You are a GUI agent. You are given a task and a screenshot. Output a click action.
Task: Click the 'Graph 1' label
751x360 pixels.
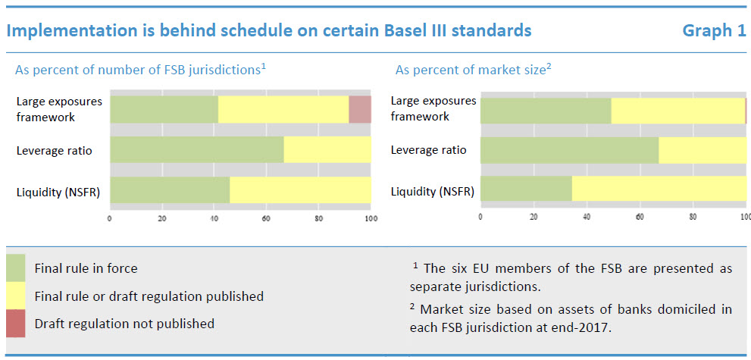tap(714, 30)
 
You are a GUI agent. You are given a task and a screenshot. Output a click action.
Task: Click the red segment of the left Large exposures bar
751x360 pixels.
tap(360, 109)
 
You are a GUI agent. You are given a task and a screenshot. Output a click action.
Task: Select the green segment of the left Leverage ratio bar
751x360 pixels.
tap(197, 149)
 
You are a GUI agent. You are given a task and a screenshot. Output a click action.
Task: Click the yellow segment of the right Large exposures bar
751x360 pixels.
tap(677, 111)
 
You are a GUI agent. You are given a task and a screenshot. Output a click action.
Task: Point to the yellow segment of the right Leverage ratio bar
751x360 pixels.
tap(702, 149)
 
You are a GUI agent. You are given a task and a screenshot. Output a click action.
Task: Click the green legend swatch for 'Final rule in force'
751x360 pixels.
tap(16, 268)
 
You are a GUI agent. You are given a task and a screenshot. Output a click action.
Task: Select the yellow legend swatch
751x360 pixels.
tap(16, 296)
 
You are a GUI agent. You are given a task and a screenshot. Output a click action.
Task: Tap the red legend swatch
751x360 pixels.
tap(16, 324)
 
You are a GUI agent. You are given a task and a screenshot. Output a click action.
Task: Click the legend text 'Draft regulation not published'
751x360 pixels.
tap(124, 324)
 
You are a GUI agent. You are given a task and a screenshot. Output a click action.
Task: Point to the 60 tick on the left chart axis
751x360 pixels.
tap(266, 219)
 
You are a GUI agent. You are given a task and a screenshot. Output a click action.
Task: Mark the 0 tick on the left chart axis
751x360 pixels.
tap(110, 219)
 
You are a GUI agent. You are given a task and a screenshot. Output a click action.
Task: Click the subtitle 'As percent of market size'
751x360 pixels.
tap(470, 70)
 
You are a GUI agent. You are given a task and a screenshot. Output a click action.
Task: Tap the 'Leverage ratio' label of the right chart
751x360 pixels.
tap(428, 150)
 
